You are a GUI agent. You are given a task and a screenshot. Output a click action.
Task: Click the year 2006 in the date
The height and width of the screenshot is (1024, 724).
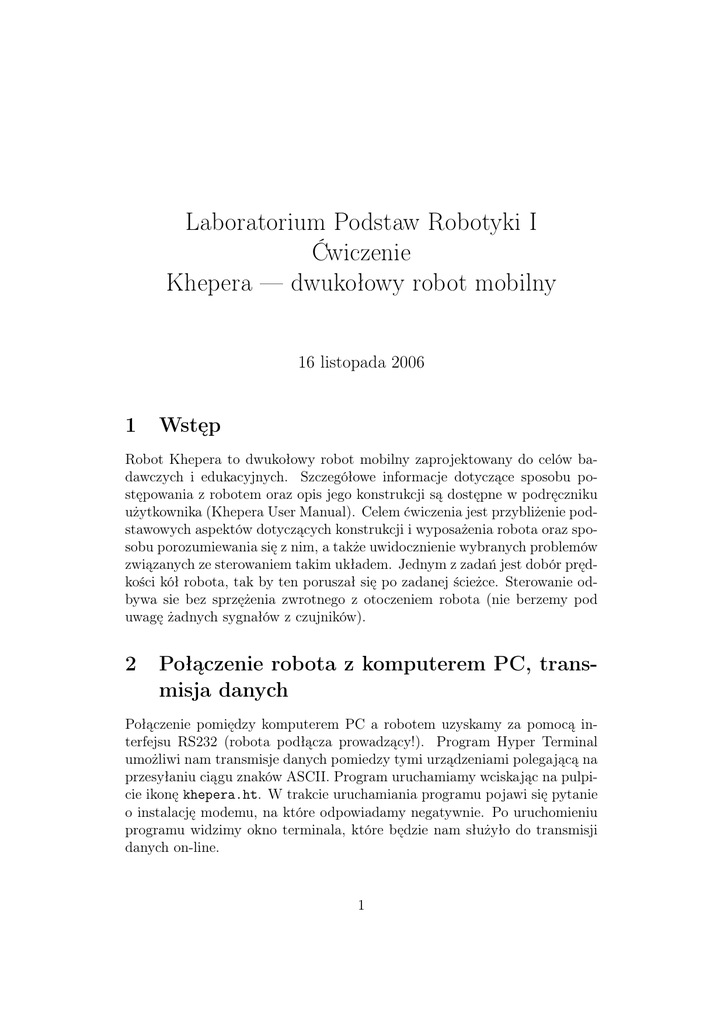(x=406, y=363)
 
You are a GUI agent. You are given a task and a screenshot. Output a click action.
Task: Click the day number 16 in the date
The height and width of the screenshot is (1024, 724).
(x=306, y=363)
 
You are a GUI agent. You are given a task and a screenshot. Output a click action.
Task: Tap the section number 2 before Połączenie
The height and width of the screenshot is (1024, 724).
(x=131, y=664)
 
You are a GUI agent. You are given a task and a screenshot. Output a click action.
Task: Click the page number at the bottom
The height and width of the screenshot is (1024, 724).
(x=361, y=906)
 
